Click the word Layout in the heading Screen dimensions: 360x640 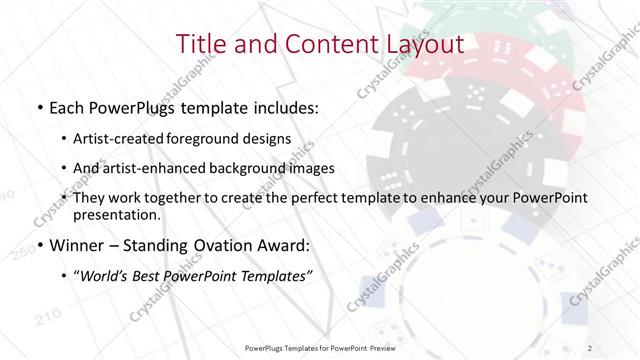(x=423, y=44)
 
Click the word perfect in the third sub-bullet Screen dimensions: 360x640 (x=328, y=198)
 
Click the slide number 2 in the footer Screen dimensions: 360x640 (x=590, y=347)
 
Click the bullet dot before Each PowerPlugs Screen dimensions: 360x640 (x=39, y=107)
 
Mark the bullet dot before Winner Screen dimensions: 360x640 (x=39, y=245)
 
